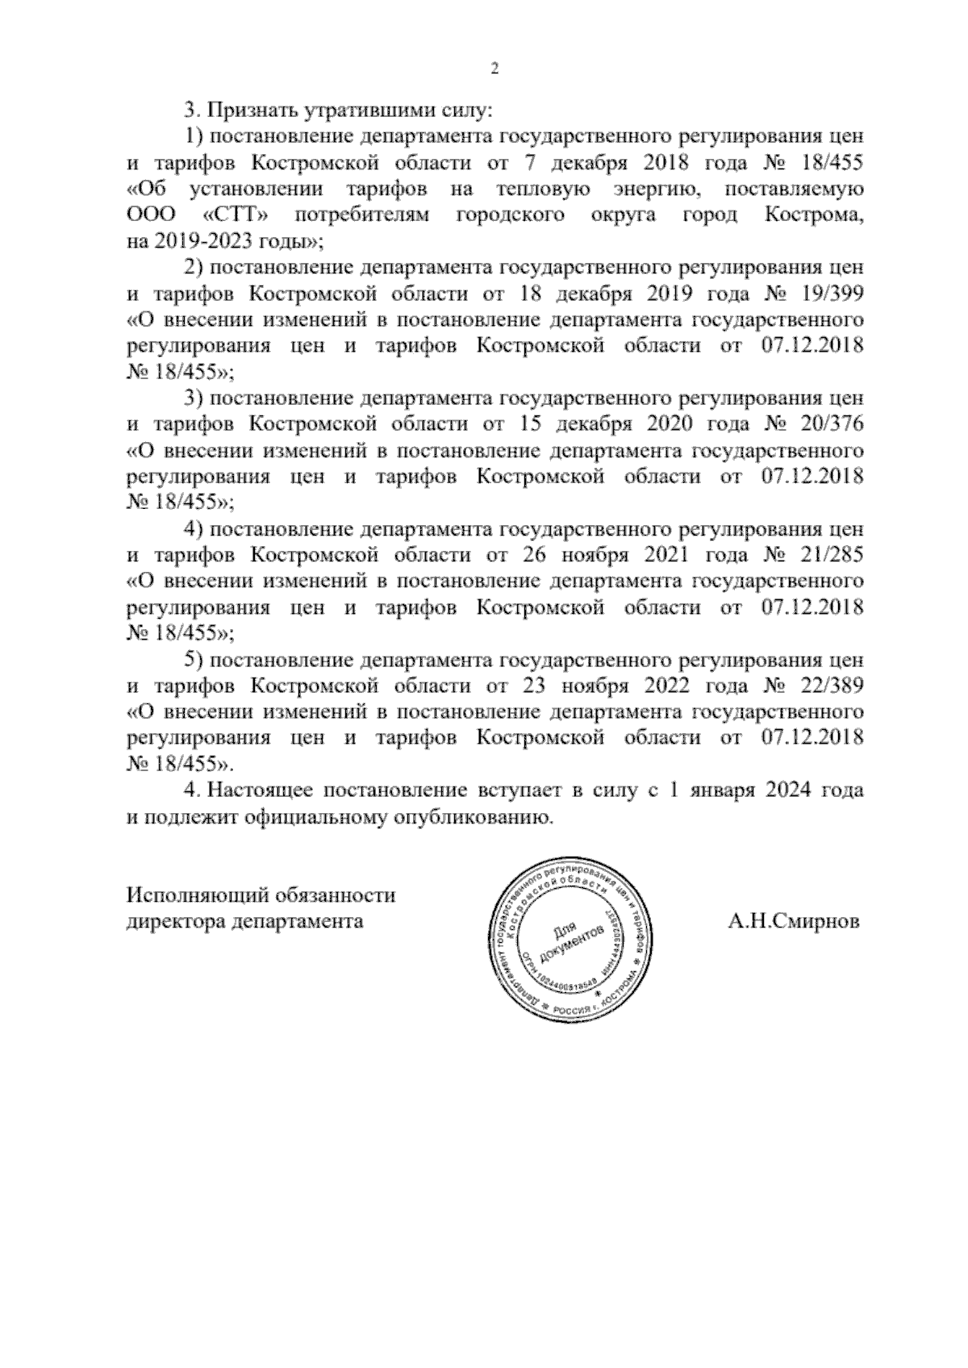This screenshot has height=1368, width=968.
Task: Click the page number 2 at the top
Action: point(495,69)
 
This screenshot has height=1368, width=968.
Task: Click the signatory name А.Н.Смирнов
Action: point(793,920)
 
